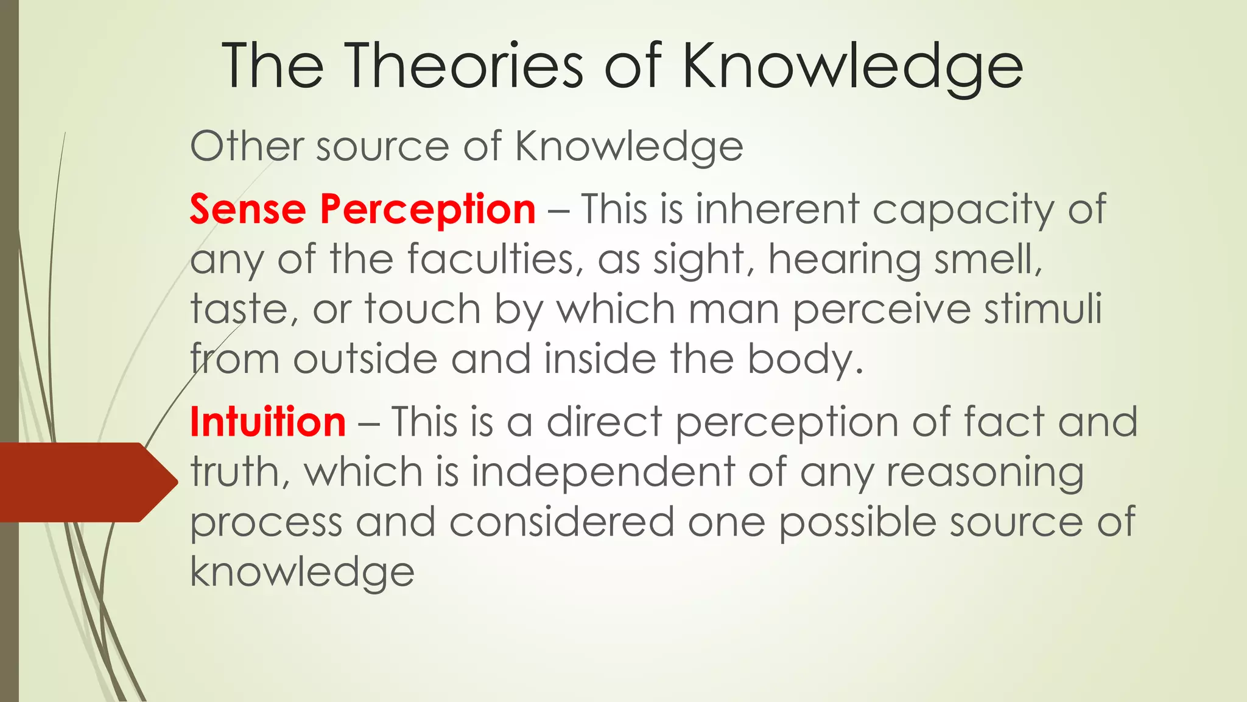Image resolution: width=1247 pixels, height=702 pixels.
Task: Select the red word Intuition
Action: [x=268, y=422]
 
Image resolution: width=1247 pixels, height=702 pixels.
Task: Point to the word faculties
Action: [x=491, y=260]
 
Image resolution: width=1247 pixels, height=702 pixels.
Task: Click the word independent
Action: [x=602, y=473]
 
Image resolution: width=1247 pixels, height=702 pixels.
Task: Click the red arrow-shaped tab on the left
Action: [x=85, y=482]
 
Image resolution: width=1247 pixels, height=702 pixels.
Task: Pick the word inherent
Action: [x=777, y=209]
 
